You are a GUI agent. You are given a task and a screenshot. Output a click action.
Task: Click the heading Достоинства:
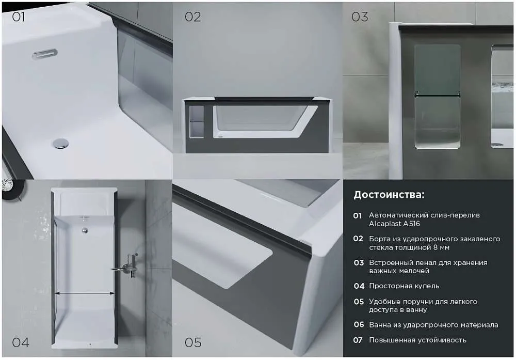389,195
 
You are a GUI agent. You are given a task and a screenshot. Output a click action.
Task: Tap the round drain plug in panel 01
60,144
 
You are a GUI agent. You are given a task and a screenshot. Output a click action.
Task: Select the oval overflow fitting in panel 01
45,54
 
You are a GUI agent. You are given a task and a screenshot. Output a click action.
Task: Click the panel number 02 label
192,17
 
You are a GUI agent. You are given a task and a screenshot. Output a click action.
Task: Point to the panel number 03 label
359,17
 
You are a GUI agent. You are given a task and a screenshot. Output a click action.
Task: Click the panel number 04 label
21,342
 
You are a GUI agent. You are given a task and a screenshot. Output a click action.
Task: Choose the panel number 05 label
193,342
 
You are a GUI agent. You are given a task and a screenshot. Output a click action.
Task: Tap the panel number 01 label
18,17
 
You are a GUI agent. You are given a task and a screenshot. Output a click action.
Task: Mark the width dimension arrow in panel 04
85,293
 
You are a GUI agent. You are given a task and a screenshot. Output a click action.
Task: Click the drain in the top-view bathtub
85,230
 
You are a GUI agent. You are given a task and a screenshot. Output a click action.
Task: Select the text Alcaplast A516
394,224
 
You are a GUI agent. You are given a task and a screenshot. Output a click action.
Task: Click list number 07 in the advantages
358,340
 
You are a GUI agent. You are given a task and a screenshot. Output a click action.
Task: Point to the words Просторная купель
404,286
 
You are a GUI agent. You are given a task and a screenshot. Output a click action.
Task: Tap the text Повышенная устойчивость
417,340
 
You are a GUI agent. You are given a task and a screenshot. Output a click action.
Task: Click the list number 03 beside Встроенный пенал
359,263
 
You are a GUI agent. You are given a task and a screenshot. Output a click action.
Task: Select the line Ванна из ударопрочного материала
433,325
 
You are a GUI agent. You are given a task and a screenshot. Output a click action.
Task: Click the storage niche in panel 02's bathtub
198,121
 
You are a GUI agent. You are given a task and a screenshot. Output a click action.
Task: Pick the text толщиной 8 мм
409,247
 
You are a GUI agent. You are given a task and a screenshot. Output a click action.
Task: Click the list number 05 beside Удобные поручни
359,302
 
